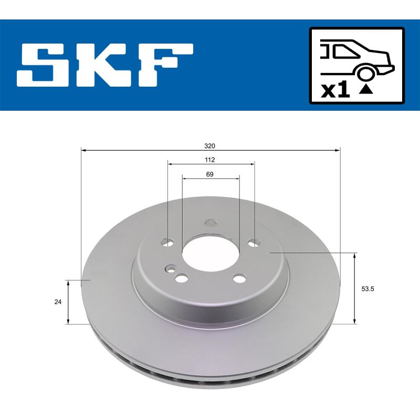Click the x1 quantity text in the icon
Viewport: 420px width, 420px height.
click(334, 90)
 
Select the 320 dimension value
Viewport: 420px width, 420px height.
click(211, 145)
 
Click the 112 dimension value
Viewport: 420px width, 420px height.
click(211, 160)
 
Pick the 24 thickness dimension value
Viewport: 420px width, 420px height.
click(58, 302)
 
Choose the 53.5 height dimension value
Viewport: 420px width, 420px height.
click(367, 288)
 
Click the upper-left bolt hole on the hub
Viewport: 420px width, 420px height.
click(168, 242)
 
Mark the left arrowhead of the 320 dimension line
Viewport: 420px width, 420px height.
click(83, 150)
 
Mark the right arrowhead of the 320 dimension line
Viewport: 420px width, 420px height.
click(338, 150)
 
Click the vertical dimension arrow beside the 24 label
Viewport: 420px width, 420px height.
click(68, 302)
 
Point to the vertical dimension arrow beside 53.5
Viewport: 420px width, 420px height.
click(355, 288)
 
